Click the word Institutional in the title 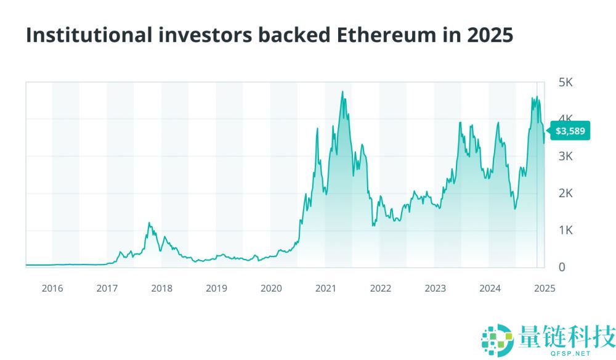(87, 35)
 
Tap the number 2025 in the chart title (490, 35)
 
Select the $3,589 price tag (569, 131)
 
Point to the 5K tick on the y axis (565, 82)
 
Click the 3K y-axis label (565, 156)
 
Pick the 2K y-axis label (565, 193)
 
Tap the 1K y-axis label (565, 230)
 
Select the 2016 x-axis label (52, 288)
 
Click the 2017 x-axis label (107, 288)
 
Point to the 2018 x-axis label (162, 288)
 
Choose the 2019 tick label (216, 288)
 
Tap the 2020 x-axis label (271, 288)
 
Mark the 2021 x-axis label (326, 288)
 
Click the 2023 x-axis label (436, 288)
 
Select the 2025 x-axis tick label (545, 288)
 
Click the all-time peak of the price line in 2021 (342, 92)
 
